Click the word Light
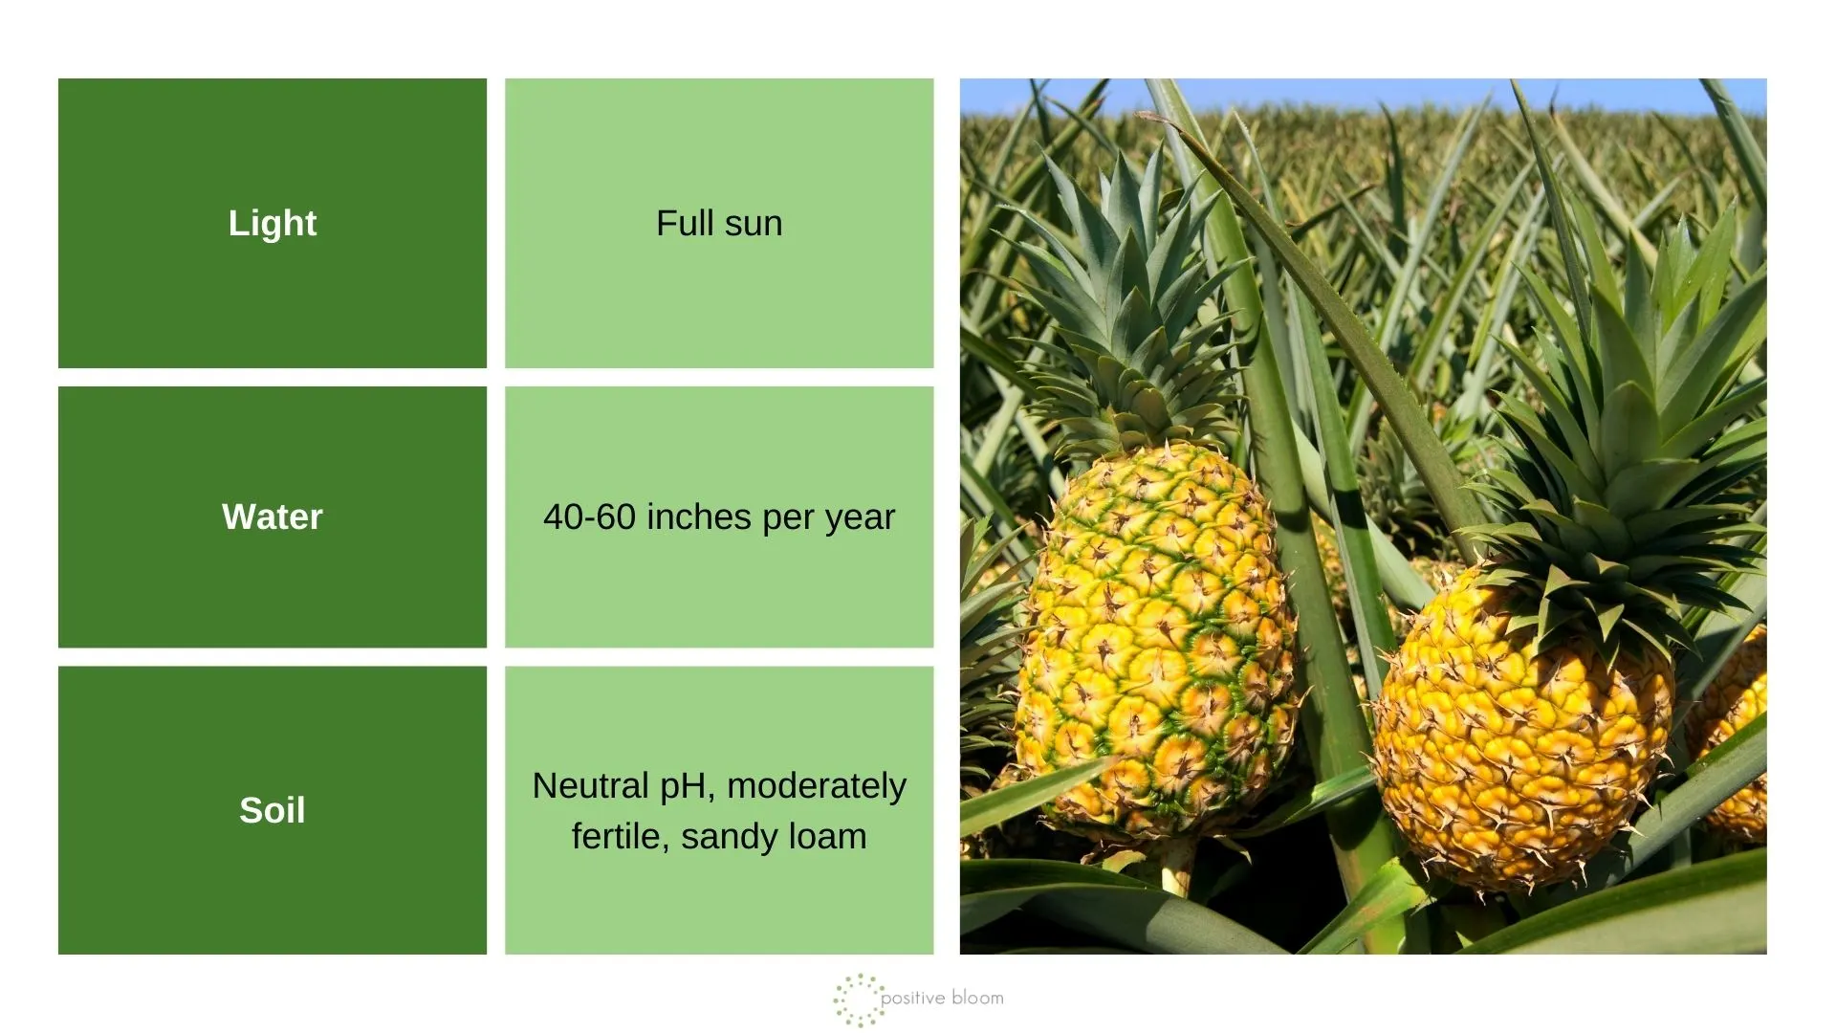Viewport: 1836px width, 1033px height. pyautogui.click(x=273, y=223)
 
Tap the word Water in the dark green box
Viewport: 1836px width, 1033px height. pyautogui.click(x=273, y=516)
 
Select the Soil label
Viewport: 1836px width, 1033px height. pyautogui.click(x=273, y=810)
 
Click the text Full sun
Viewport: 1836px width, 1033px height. pyautogui.click(x=719, y=223)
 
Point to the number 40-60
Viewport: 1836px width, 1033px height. pyautogui.click(x=589, y=516)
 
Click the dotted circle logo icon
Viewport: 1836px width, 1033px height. pyautogui.click(x=858, y=1000)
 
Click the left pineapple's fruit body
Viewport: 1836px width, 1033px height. pyautogui.click(x=1155, y=641)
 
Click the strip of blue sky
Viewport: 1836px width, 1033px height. pyautogui.click(x=1363, y=96)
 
